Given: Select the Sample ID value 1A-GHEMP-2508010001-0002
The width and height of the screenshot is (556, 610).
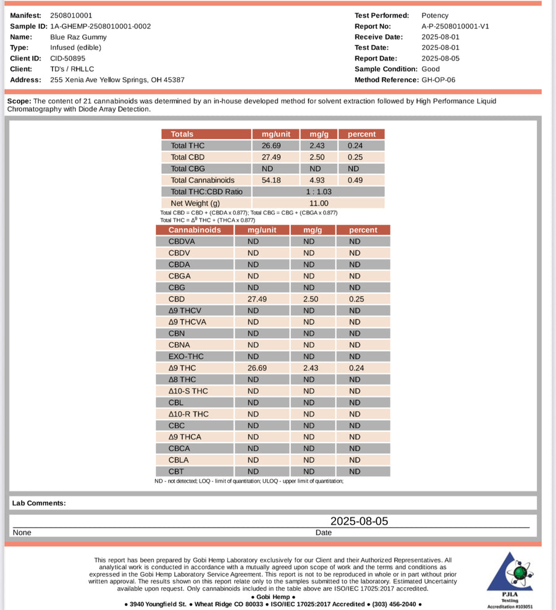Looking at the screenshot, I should [100, 26].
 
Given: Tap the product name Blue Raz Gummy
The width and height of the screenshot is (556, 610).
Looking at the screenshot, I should [78, 37].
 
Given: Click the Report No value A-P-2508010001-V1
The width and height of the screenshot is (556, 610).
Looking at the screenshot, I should [455, 26].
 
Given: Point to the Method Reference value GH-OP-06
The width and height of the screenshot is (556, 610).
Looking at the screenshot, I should [438, 80].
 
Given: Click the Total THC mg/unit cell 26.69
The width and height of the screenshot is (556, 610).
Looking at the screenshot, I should [275, 145].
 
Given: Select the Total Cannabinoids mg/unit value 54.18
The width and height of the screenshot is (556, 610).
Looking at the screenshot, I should [275, 180].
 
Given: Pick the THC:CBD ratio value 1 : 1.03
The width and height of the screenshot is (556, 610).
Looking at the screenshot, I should [318, 192].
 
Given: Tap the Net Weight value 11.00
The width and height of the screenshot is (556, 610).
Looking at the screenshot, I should [318, 203].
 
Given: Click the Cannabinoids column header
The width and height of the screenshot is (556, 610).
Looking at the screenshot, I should [195, 230].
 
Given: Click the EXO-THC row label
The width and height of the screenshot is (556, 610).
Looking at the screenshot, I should [186, 357].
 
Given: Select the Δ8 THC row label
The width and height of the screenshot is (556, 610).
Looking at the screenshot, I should [182, 379].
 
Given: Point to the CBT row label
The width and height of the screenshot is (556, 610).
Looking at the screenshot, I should [177, 472].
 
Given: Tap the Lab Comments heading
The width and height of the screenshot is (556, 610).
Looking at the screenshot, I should [39, 503].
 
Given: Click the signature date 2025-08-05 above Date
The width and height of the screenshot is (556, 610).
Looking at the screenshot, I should [359, 521].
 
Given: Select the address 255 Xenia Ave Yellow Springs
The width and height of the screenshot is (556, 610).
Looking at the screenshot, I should [117, 80].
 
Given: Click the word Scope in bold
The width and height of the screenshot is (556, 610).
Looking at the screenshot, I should [19, 101].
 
